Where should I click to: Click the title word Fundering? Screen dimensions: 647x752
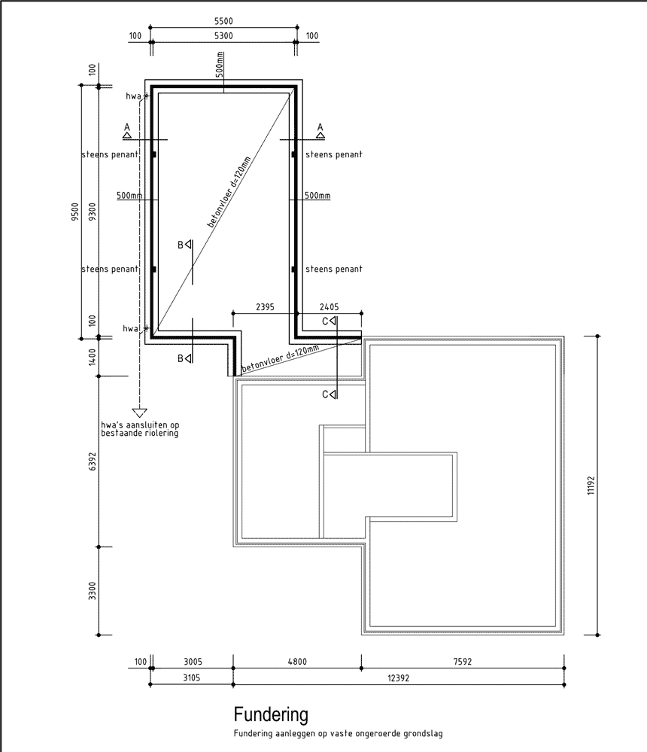click(x=271, y=714)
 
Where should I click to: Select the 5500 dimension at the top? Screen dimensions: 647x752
click(x=223, y=21)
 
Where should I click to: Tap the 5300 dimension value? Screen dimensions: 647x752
click(x=223, y=35)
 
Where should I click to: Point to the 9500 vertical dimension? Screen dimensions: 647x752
click(x=74, y=212)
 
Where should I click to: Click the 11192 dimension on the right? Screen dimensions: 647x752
click(x=591, y=486)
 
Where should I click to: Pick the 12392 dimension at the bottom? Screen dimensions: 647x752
click(x=398, y=678)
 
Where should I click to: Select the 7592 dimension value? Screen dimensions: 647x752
click(x=463, y=662)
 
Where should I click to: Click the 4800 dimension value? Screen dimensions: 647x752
click(x=297, y=662)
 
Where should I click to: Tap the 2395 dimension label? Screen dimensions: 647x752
click(x=265, y=307)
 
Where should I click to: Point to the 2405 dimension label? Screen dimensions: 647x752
click(x=329, y=307)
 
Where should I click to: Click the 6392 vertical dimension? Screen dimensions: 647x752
click(x=92, y=461)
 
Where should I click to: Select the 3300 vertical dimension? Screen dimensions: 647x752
click(x=92, y=591)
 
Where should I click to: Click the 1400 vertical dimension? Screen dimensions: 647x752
click(x=92, y=357)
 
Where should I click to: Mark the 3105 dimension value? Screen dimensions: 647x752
click(x=191, y=678)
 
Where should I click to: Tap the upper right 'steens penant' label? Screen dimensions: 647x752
click(x=334, y=154)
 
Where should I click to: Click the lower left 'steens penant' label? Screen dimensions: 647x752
click(x=110, y=269)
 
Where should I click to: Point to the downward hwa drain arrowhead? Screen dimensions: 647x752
click(x=139, y=413)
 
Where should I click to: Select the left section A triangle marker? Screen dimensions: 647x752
click(x=127, y=135)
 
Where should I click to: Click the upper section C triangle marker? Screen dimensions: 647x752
click(x=333, y=321)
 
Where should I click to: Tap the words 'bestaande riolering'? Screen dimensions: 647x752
click(x=139, y=433)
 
